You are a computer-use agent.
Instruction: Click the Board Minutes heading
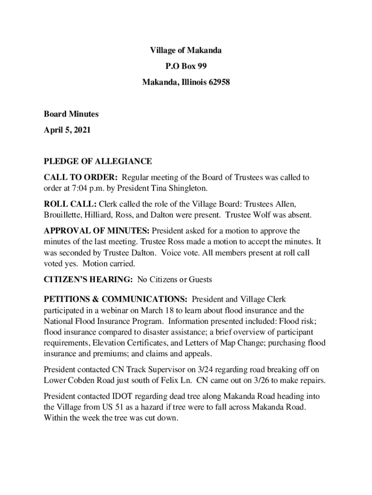(x=71, y=114)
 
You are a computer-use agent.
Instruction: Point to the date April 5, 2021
(x=67, y=130)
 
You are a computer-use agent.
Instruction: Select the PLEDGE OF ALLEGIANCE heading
(x=98, y=161)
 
